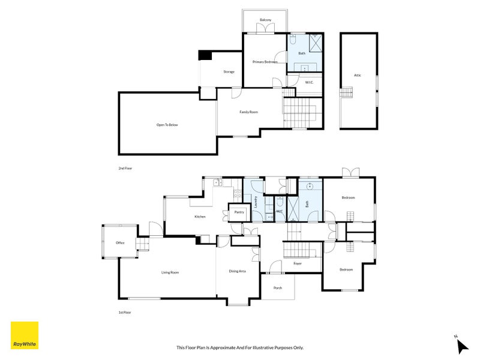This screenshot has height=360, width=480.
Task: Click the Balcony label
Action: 265,20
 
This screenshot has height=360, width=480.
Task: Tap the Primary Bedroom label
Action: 265,62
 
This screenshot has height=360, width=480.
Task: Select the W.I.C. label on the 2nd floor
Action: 309,82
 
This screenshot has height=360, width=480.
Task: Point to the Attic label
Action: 358,75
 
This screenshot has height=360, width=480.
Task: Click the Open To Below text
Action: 167,125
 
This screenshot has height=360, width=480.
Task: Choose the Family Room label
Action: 248,112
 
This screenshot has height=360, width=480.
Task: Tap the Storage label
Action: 229,71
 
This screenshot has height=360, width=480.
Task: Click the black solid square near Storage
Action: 205,55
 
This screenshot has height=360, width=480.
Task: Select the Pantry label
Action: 239,212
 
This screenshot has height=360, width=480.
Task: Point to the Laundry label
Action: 256,202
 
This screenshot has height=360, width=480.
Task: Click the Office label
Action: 121,243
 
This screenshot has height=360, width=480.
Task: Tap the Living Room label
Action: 170,272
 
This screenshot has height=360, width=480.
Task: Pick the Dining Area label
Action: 237,271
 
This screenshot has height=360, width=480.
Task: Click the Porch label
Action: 278,288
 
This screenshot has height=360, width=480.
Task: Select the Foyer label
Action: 298,263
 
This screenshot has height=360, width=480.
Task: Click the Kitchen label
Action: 200,217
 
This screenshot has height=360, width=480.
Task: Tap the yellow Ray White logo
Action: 25,335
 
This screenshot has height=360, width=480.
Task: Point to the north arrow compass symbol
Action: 462,346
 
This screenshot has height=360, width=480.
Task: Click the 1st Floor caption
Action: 125,313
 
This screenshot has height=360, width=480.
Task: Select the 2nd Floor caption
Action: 125,169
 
